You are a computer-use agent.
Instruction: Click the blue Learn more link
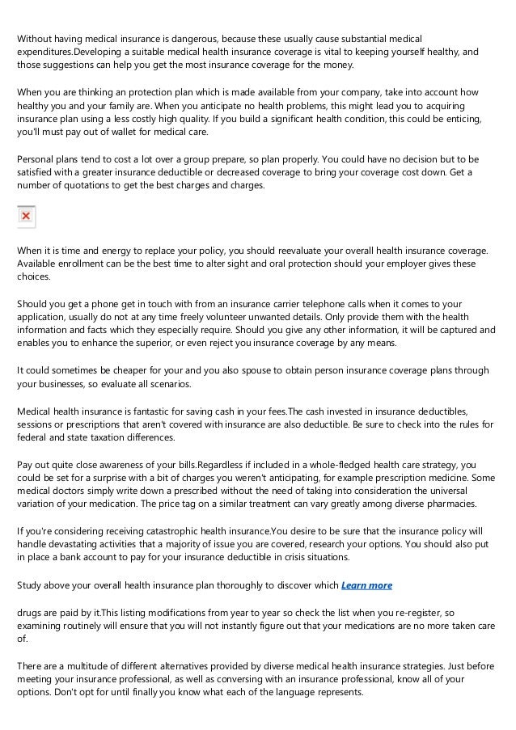tap(367, 585)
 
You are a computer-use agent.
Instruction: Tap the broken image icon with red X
tap(27, 217)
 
